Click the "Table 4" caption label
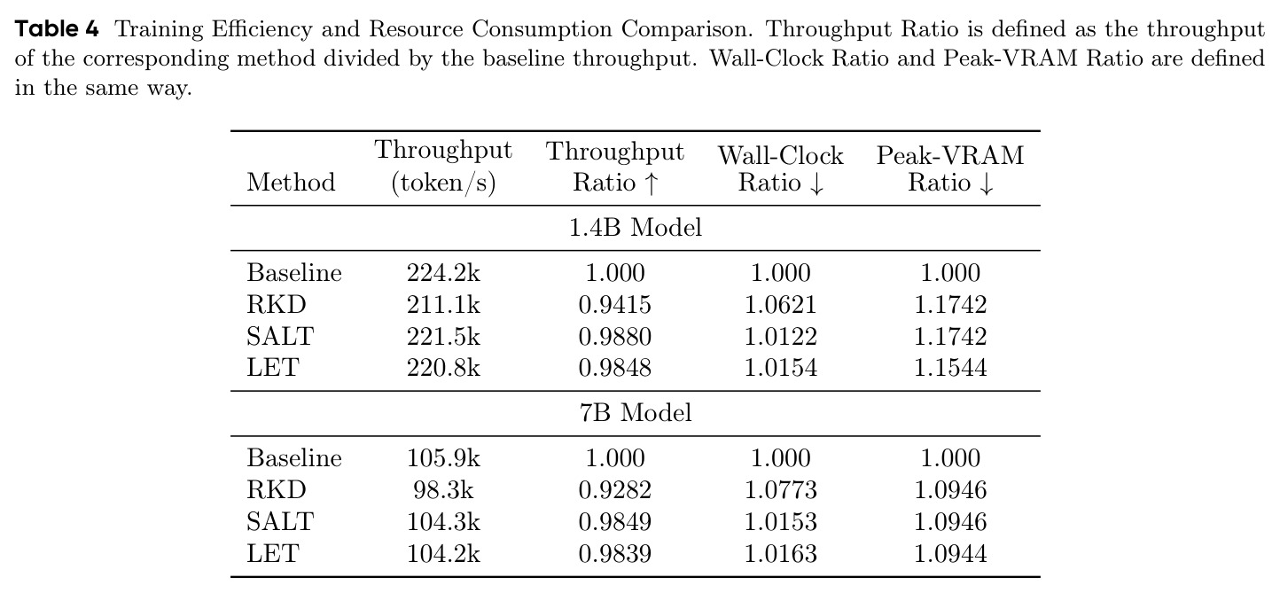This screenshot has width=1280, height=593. click(57, 28)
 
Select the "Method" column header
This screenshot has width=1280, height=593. click(291, 183)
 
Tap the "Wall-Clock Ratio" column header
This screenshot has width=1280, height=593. click(781, 169)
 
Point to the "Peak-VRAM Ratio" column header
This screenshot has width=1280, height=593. click(950, 169)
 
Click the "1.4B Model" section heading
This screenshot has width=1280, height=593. click(636, 228)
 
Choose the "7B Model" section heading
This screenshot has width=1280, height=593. click(636, 413)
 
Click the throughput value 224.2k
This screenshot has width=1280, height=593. click(443, 273)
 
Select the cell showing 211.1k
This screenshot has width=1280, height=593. click(443, 305)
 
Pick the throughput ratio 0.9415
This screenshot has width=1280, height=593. click(615, 305)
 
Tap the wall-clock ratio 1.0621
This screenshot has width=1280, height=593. click(781, 305)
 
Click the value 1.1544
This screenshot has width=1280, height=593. click(950, 367)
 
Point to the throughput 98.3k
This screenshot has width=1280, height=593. click(443, 490)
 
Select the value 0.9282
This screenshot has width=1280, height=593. click(615, 490)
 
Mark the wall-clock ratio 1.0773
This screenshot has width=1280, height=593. click(781, 490)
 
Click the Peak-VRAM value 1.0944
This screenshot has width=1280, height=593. click(950, 554)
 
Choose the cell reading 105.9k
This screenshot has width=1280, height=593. click(443, 458)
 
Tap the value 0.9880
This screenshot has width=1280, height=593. click(615, 337)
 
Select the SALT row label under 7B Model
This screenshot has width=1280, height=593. click(280, 521)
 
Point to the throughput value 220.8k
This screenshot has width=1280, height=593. click(443, 367)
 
